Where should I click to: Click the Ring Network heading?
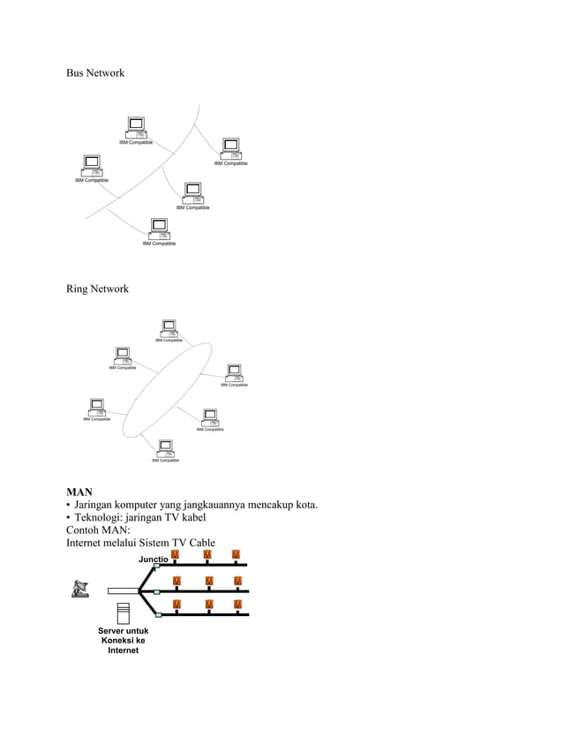point(97,289)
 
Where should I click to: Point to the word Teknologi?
point(101,517)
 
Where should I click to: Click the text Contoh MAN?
point(98,530)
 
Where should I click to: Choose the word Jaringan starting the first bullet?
point(101,505)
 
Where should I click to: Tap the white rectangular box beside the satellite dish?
point(124,591)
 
